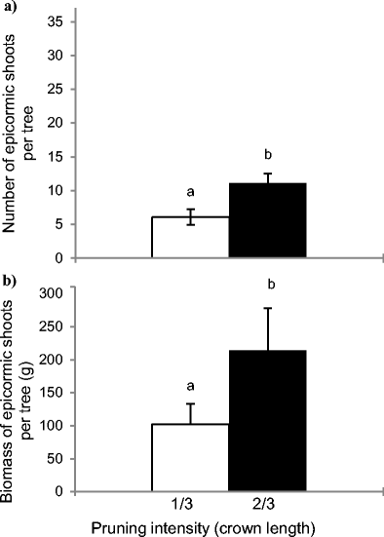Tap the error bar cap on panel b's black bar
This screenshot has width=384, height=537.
(x=267, y=308)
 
